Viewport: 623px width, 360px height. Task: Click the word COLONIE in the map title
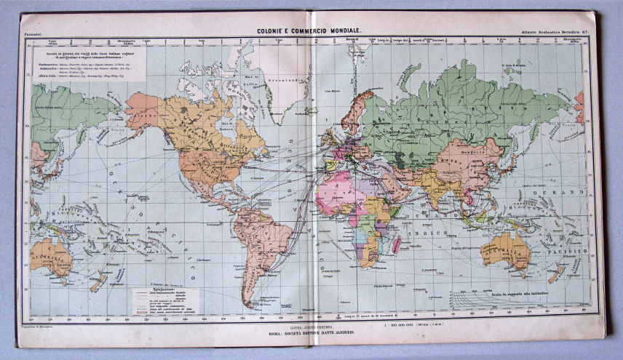click(273, 29)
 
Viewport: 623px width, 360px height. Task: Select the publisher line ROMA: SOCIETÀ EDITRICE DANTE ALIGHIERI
click(312, 332)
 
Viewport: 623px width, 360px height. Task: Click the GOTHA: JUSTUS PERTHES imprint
click(312, 326)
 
